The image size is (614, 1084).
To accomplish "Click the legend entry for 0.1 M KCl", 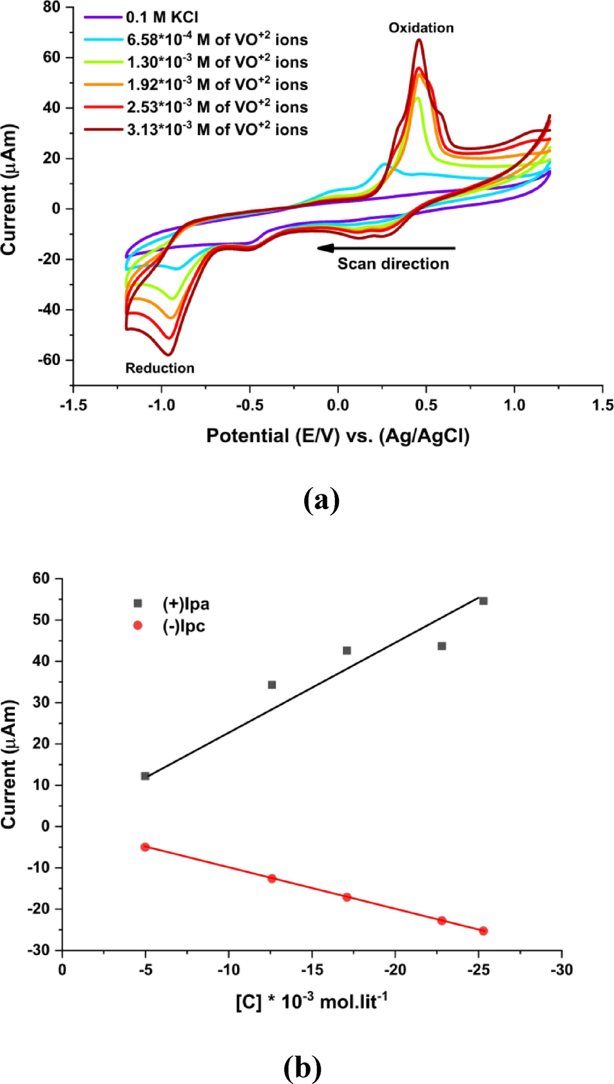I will coord(162,17).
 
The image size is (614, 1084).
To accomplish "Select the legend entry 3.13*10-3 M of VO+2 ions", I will coord(216,129).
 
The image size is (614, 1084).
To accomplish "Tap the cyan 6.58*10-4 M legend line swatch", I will coord(103,40).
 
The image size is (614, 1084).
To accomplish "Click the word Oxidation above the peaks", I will coord(421,28).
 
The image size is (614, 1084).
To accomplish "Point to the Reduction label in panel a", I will coord(160,368).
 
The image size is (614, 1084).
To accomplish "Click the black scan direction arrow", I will coord(387,248).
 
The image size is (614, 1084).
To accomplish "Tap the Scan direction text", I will coord(393,264).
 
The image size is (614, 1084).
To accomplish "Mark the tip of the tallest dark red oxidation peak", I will coord(419,40).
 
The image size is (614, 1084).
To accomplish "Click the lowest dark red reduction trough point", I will coord(168,355).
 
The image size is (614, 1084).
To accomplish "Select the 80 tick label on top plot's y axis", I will coord(52,7).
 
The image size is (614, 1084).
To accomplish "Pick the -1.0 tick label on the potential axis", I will coord(161,405).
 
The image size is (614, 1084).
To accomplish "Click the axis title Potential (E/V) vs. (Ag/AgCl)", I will coord(338,436).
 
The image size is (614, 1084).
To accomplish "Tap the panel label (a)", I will coord(321,500).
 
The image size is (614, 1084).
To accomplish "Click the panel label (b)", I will coord(302,1067).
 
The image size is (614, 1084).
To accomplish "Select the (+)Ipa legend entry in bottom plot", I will coord(186,604).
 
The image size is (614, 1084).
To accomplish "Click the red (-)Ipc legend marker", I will coord(137,626).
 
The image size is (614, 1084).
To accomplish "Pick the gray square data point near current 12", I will coord(145,776).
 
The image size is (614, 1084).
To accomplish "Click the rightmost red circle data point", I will coord(483,931).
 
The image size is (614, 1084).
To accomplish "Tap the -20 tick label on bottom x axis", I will coord(395,970).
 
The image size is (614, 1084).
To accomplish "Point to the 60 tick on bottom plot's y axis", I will coord(41,578).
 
